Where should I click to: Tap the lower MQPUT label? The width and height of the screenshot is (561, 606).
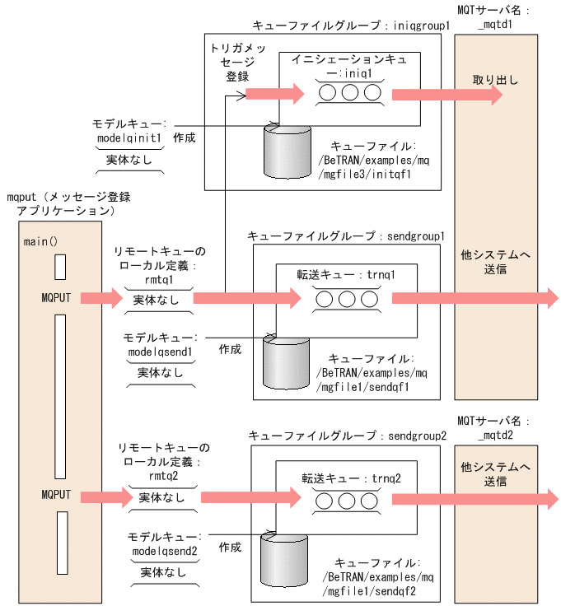pyautogui.click(x=57, y=495)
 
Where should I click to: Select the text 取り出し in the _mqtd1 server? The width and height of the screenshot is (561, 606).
pyautogui.click(x=495, y=80)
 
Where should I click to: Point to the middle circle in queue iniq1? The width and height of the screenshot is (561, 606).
pyautogui.click(x=349, y=92)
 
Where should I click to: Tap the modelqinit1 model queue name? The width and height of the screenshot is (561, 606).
pyautogui.click(x=130, y=138)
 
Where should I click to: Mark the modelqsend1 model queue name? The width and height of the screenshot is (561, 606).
pyautogui.click(x=160, y=352)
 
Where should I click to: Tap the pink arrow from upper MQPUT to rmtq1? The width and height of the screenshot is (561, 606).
pyautogui.click(x=101, y=298)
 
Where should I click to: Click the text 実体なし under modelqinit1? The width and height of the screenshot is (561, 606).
pyautogui.click(x=130, y=160)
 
